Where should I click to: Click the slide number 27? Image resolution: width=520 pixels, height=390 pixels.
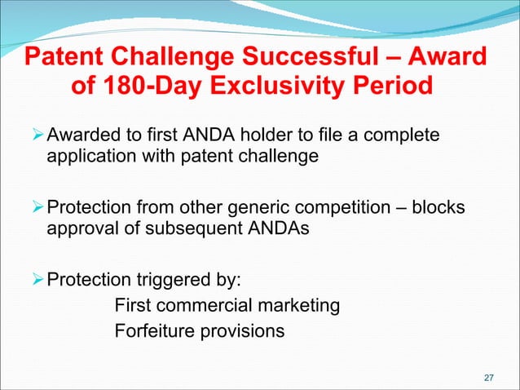coord(489,377)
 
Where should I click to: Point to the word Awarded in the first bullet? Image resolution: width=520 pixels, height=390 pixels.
coord(83,133)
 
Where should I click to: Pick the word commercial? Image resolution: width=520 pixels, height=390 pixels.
coord(200,307)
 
